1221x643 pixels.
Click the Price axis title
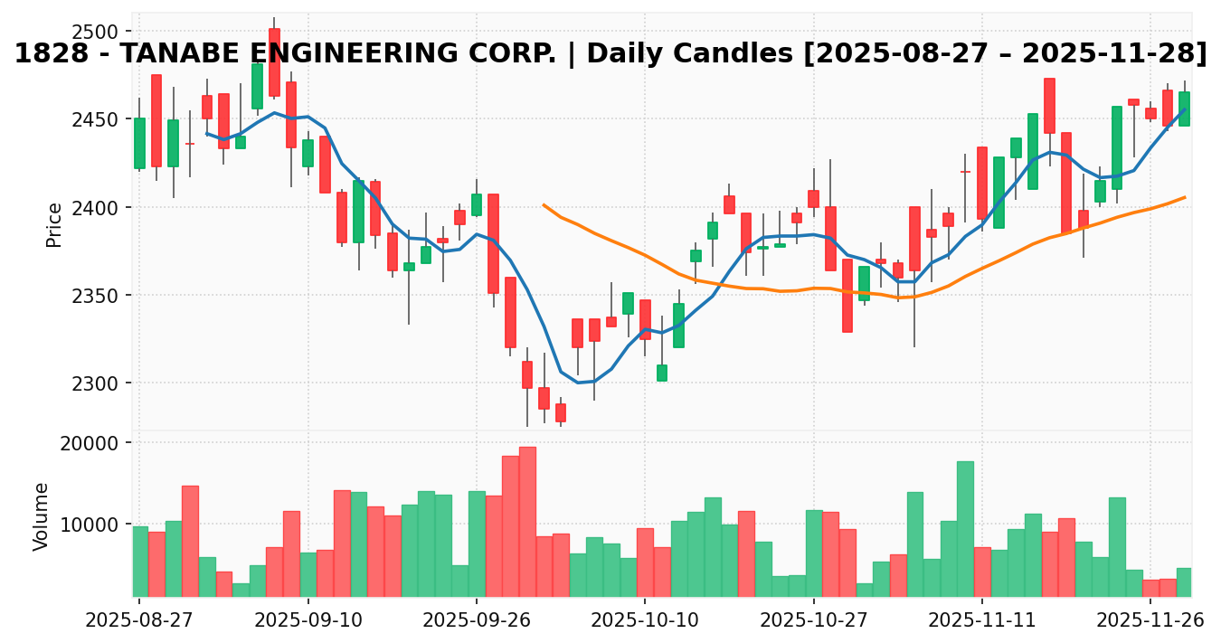(54, 224)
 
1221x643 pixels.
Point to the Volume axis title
(41, 516)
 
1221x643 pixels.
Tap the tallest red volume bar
(527, 521)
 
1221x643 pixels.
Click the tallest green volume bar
(965, 528)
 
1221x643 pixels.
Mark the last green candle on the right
(1184, 109)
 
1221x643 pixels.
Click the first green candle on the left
(139, 143)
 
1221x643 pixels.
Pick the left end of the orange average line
(544, 204)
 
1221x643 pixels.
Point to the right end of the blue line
(1185, 109)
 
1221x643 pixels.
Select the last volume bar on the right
(1184, 582)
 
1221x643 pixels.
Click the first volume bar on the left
(140, 561)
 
